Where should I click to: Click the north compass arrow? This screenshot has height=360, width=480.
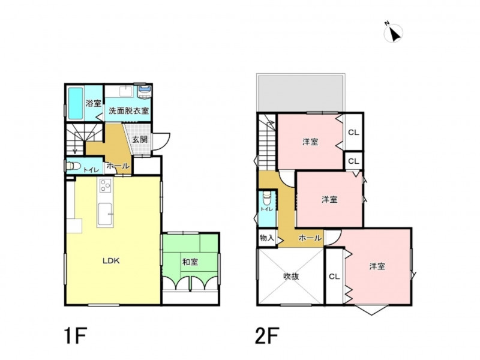point(395,34)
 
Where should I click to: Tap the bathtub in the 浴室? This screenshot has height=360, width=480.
point(76,103)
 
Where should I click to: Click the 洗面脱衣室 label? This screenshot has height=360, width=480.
point(129,111)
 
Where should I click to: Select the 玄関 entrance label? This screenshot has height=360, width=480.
point(140,140)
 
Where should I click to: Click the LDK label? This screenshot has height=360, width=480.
point(111,261)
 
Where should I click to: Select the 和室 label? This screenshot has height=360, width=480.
point(190,262)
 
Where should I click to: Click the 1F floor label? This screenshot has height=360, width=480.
point(76,336)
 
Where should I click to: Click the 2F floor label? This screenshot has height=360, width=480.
point(267,336)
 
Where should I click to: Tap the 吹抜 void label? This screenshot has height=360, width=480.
point(291,277)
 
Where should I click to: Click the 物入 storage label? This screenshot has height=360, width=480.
point(266,238)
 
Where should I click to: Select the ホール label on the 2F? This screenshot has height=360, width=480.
point(310,238)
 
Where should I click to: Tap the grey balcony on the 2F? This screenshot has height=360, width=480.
point(301,93)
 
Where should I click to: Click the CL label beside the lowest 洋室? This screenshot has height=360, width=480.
point(334,277)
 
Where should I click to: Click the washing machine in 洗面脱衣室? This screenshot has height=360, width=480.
point(145,92)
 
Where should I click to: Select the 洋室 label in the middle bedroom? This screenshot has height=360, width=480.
point(329,200)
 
